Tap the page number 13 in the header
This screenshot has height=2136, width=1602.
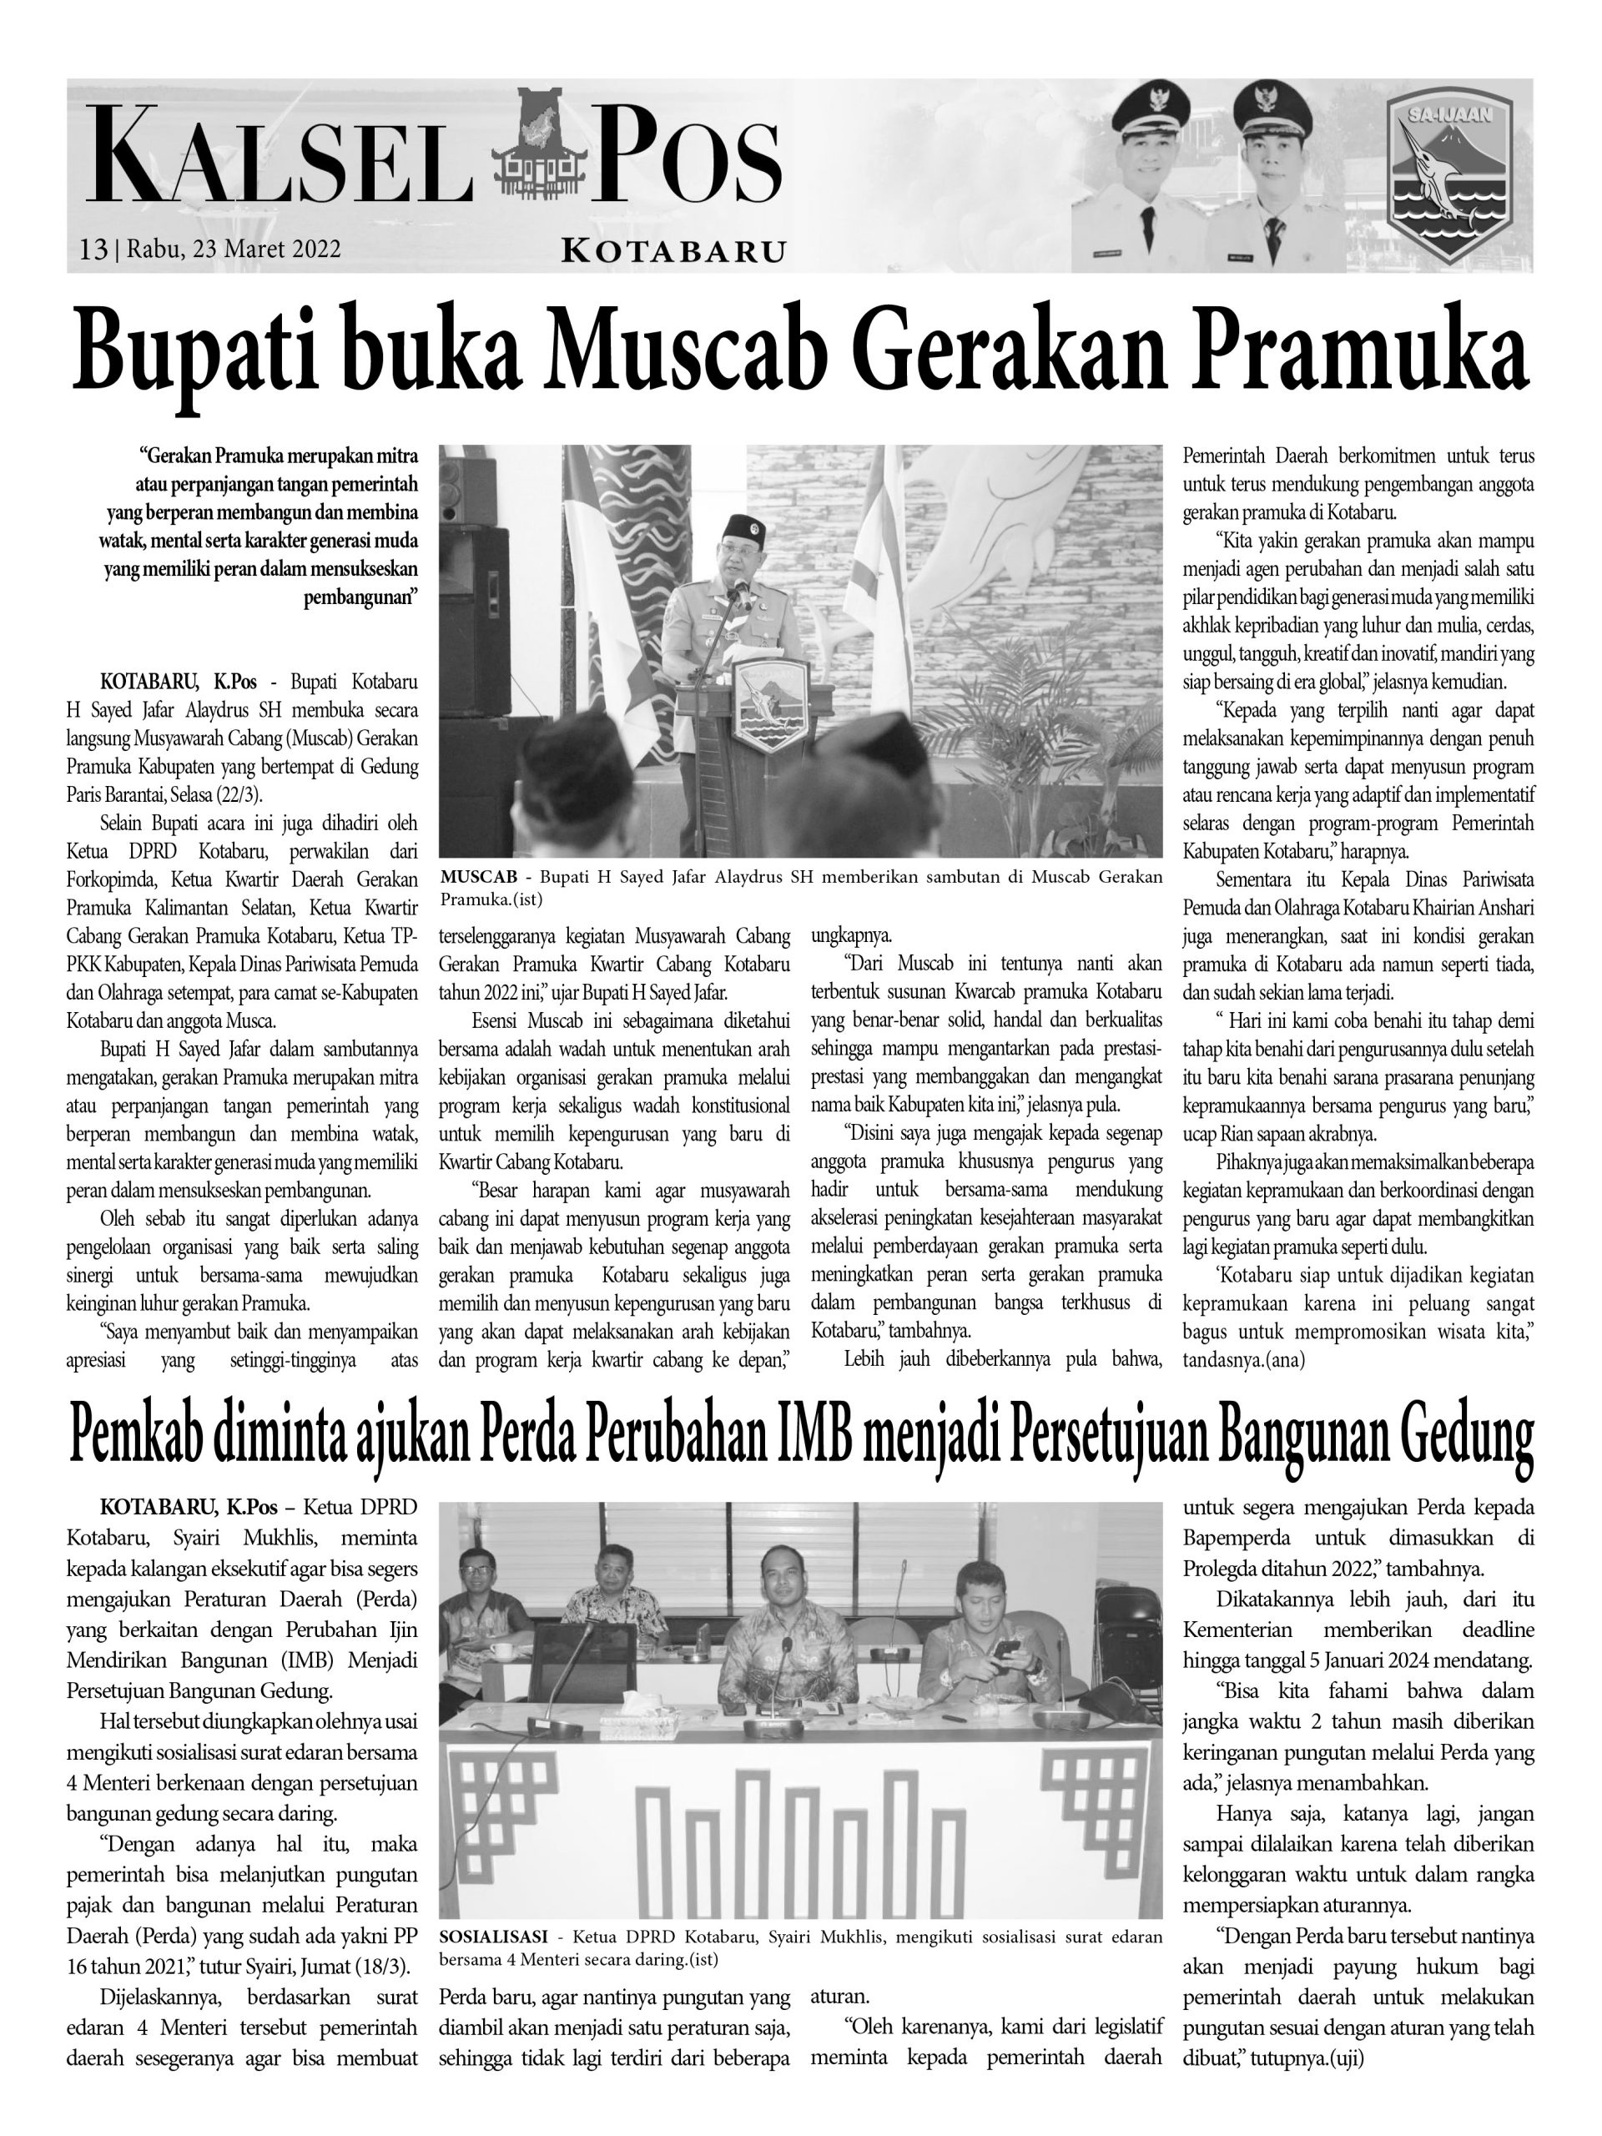tap(93, 249)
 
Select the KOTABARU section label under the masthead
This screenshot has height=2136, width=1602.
tap(673, 251)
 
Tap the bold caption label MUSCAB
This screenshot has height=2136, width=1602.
tap(480, 877)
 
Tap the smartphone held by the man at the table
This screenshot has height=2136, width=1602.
tap(1006, 1649)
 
